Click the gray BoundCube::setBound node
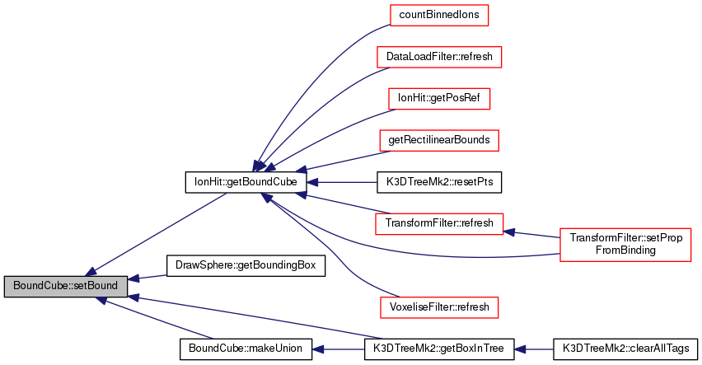[66, 287]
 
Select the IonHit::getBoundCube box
[246, 181]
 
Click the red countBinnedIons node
[439, 16]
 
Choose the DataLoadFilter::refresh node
[439, 58]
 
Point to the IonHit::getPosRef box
[439, 99]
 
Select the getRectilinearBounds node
[439, 140]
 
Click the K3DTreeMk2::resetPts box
[439, 181]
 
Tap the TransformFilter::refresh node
[439, 223]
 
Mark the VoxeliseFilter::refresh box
[439, 307]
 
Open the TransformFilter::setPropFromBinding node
[625, 244]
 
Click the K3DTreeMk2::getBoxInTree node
[439, 349]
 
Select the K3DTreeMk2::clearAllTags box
[625, 349]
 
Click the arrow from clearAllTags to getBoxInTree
[534, 349]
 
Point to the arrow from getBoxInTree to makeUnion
[338, 349]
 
